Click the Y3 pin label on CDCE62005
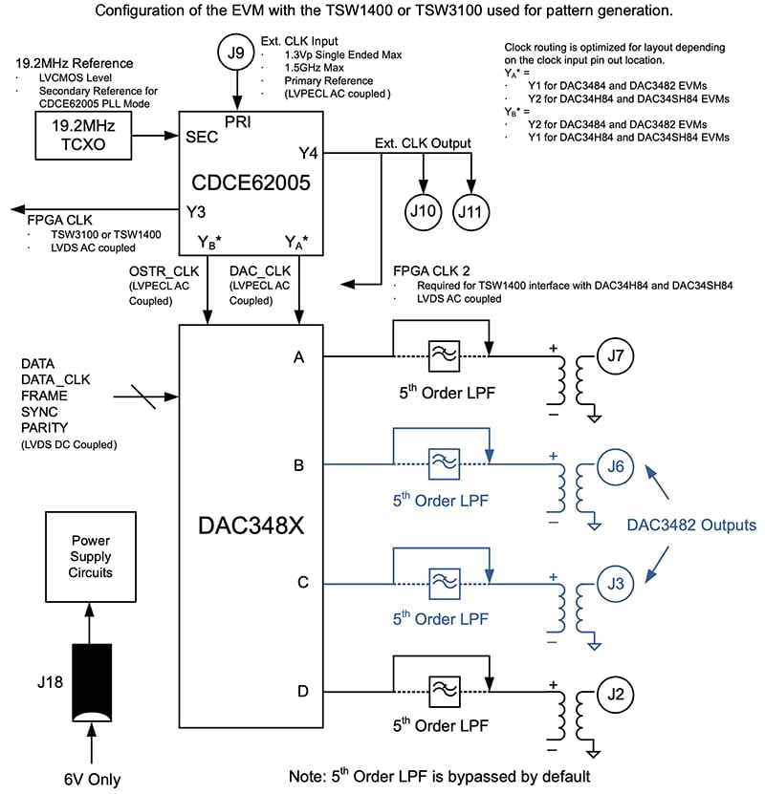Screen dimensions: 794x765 [x=196, y=210]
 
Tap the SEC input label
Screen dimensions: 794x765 [x=203, y=137]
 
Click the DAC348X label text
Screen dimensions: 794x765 [x=251, y=526]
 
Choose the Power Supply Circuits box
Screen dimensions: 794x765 [x=91, y=556]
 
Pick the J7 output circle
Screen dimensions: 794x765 [x=617, y=356]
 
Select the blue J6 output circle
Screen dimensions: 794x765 [x=617, y=466]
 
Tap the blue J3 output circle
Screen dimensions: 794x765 [x=617, y=582]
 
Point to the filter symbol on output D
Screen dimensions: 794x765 [x=443, y=690]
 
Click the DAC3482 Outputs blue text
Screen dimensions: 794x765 [x=691, y=525]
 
